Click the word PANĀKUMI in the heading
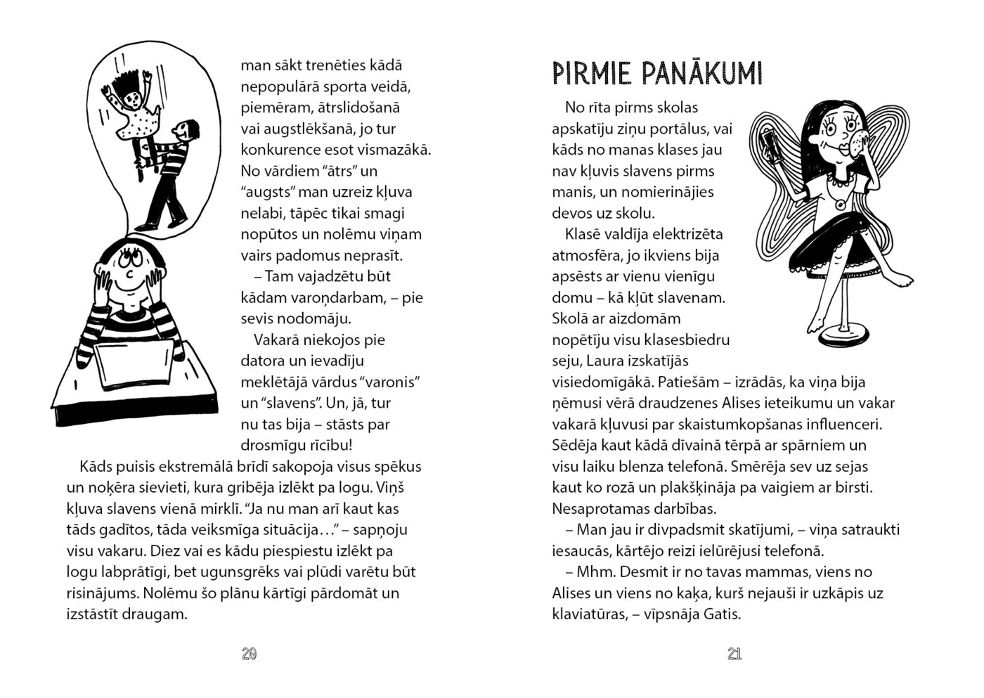click(x=700, y=73)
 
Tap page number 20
click(x=249, y=654)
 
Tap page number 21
click(x=734, y=654)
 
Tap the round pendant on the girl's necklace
click(x=840, y=205)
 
